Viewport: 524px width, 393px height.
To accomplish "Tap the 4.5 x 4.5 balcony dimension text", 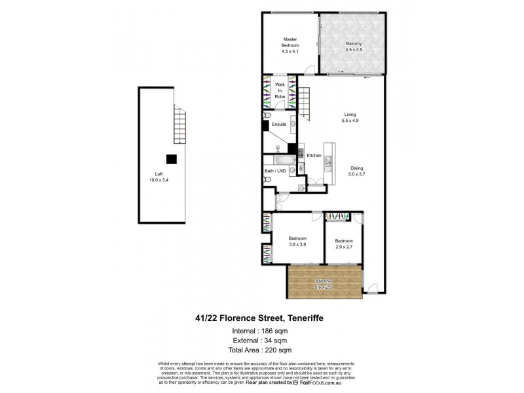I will [353, 49].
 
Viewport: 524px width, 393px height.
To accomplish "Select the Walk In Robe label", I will [280, 90].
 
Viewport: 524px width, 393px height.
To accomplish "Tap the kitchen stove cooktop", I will [301, 154].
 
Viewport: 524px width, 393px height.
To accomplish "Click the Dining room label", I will [357, 167].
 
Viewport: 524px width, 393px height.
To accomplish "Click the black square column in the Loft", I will [171, 158].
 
